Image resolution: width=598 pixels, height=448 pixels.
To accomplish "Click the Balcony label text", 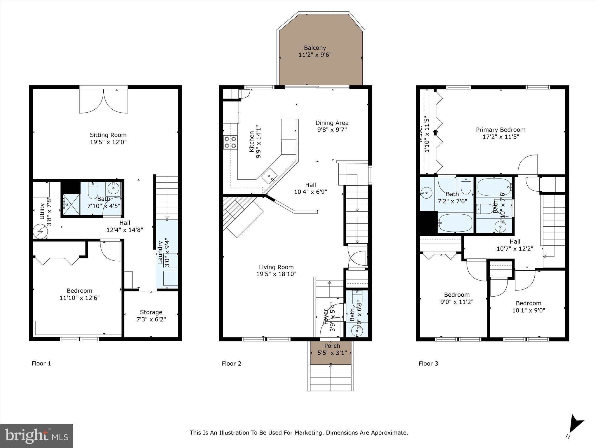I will pos(315,48).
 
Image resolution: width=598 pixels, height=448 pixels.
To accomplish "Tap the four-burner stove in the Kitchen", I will pos(230,143).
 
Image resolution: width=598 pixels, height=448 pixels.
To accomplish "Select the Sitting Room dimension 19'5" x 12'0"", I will pos(108,142).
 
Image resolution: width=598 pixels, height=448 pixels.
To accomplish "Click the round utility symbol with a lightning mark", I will pos(40,232).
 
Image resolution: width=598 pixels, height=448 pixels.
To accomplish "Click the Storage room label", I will pos(151,312).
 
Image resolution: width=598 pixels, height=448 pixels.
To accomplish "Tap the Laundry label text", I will pos(160,252).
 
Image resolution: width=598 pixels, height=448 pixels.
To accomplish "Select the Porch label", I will pos(332,346).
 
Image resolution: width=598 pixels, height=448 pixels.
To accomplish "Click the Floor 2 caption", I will pos(231,363).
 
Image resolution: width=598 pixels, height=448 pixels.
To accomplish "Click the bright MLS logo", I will pos(36,436).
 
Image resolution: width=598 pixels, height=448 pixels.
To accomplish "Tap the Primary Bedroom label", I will pos(500,130).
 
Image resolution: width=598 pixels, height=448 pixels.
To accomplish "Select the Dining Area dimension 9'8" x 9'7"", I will pos(332,130).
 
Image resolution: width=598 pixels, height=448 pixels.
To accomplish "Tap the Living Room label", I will pos(276,267).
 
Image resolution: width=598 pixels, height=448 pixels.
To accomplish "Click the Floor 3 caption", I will pos(428,363).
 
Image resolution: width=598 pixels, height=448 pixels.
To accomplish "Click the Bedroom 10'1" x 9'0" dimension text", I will pos(529,310).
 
